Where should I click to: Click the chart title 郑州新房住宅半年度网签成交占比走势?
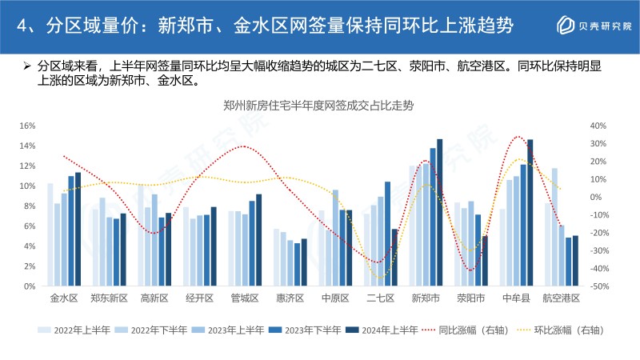point(320,105)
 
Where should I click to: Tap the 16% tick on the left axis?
point(28,126)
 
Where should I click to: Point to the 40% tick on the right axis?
point(598,126)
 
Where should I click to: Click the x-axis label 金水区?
point(64,298)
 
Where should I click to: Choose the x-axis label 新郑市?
point(426,298)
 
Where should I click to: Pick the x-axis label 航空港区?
point(561,298)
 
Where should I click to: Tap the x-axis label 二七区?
point(380,298)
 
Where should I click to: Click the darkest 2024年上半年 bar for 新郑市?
point(440,213)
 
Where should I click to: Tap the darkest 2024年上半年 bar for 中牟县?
point(530,213)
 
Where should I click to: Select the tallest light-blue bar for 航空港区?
point(554,227)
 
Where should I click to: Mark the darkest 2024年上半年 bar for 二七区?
point(394,258)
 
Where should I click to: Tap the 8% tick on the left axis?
point(30,206)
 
